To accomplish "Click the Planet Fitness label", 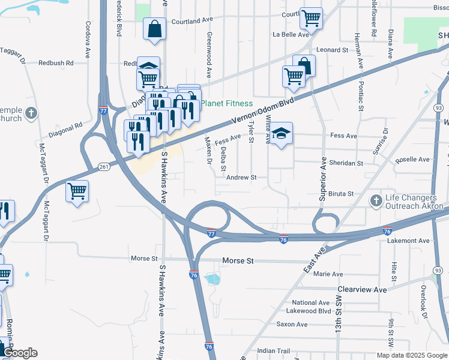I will [x=226, y=103].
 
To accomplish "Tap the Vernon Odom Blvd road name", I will [x=264, y=110].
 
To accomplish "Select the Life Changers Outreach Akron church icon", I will [x=376, y=200].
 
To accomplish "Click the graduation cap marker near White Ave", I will [x=280, y=134].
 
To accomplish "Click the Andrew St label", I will [x=241, y=178].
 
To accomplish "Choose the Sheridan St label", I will [x=344, y=163].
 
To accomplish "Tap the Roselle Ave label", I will [x=413, y=160].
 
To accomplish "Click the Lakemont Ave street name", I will [x=409, y=241].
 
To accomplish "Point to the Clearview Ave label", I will [x=362, y=289].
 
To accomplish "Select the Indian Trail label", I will [x=273, y=351].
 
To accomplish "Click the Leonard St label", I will [x=333, y=50].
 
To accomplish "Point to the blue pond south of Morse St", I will [x=212, y=279].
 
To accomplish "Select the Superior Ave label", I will [x=322, y=179].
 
